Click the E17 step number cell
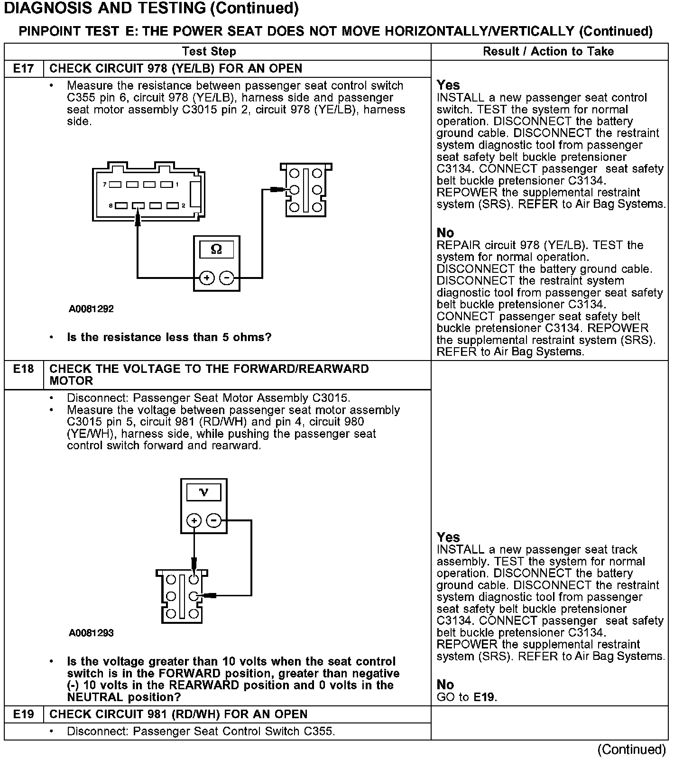click(23, 68)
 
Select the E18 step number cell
click(23, 369)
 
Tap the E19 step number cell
click(23, 714)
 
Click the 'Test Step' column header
click(209, 51)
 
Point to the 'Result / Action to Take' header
click(548, 51)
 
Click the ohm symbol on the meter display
click(216, 249)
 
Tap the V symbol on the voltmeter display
click(204, 492)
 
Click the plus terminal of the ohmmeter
click(206, 278)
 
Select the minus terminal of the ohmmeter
click(227, 278)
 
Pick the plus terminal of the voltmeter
click(194, 520)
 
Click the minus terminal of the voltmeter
click(214, 520)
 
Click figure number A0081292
click(91, 309)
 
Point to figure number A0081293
click(91, 633)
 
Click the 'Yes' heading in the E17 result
click(448, 85)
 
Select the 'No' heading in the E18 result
click(445, 685)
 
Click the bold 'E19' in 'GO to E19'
click(484, 697)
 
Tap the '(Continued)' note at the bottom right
click(632, 749)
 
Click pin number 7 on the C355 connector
click(105, 184)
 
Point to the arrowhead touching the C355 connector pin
click(138, 218)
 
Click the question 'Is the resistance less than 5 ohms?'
click(169, 337)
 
